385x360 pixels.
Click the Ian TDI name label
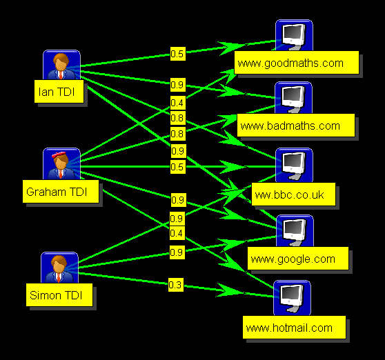59,91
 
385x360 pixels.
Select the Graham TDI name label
61,192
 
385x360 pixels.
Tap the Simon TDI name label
59,294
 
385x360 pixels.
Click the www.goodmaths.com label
297,63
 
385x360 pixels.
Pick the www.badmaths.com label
296,125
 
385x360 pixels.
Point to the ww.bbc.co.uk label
293,194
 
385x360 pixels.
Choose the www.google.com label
298,259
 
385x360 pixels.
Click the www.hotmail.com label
294,328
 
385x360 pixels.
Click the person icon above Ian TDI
61,65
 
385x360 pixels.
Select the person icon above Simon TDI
59,268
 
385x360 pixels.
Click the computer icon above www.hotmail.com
292,298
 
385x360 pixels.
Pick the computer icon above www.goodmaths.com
294,35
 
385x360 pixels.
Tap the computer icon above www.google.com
295,231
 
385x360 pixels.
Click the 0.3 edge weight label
176,285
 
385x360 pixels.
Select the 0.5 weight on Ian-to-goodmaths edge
178,54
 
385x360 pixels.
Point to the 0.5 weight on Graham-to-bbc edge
178,167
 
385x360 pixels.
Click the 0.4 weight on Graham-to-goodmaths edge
178,103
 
